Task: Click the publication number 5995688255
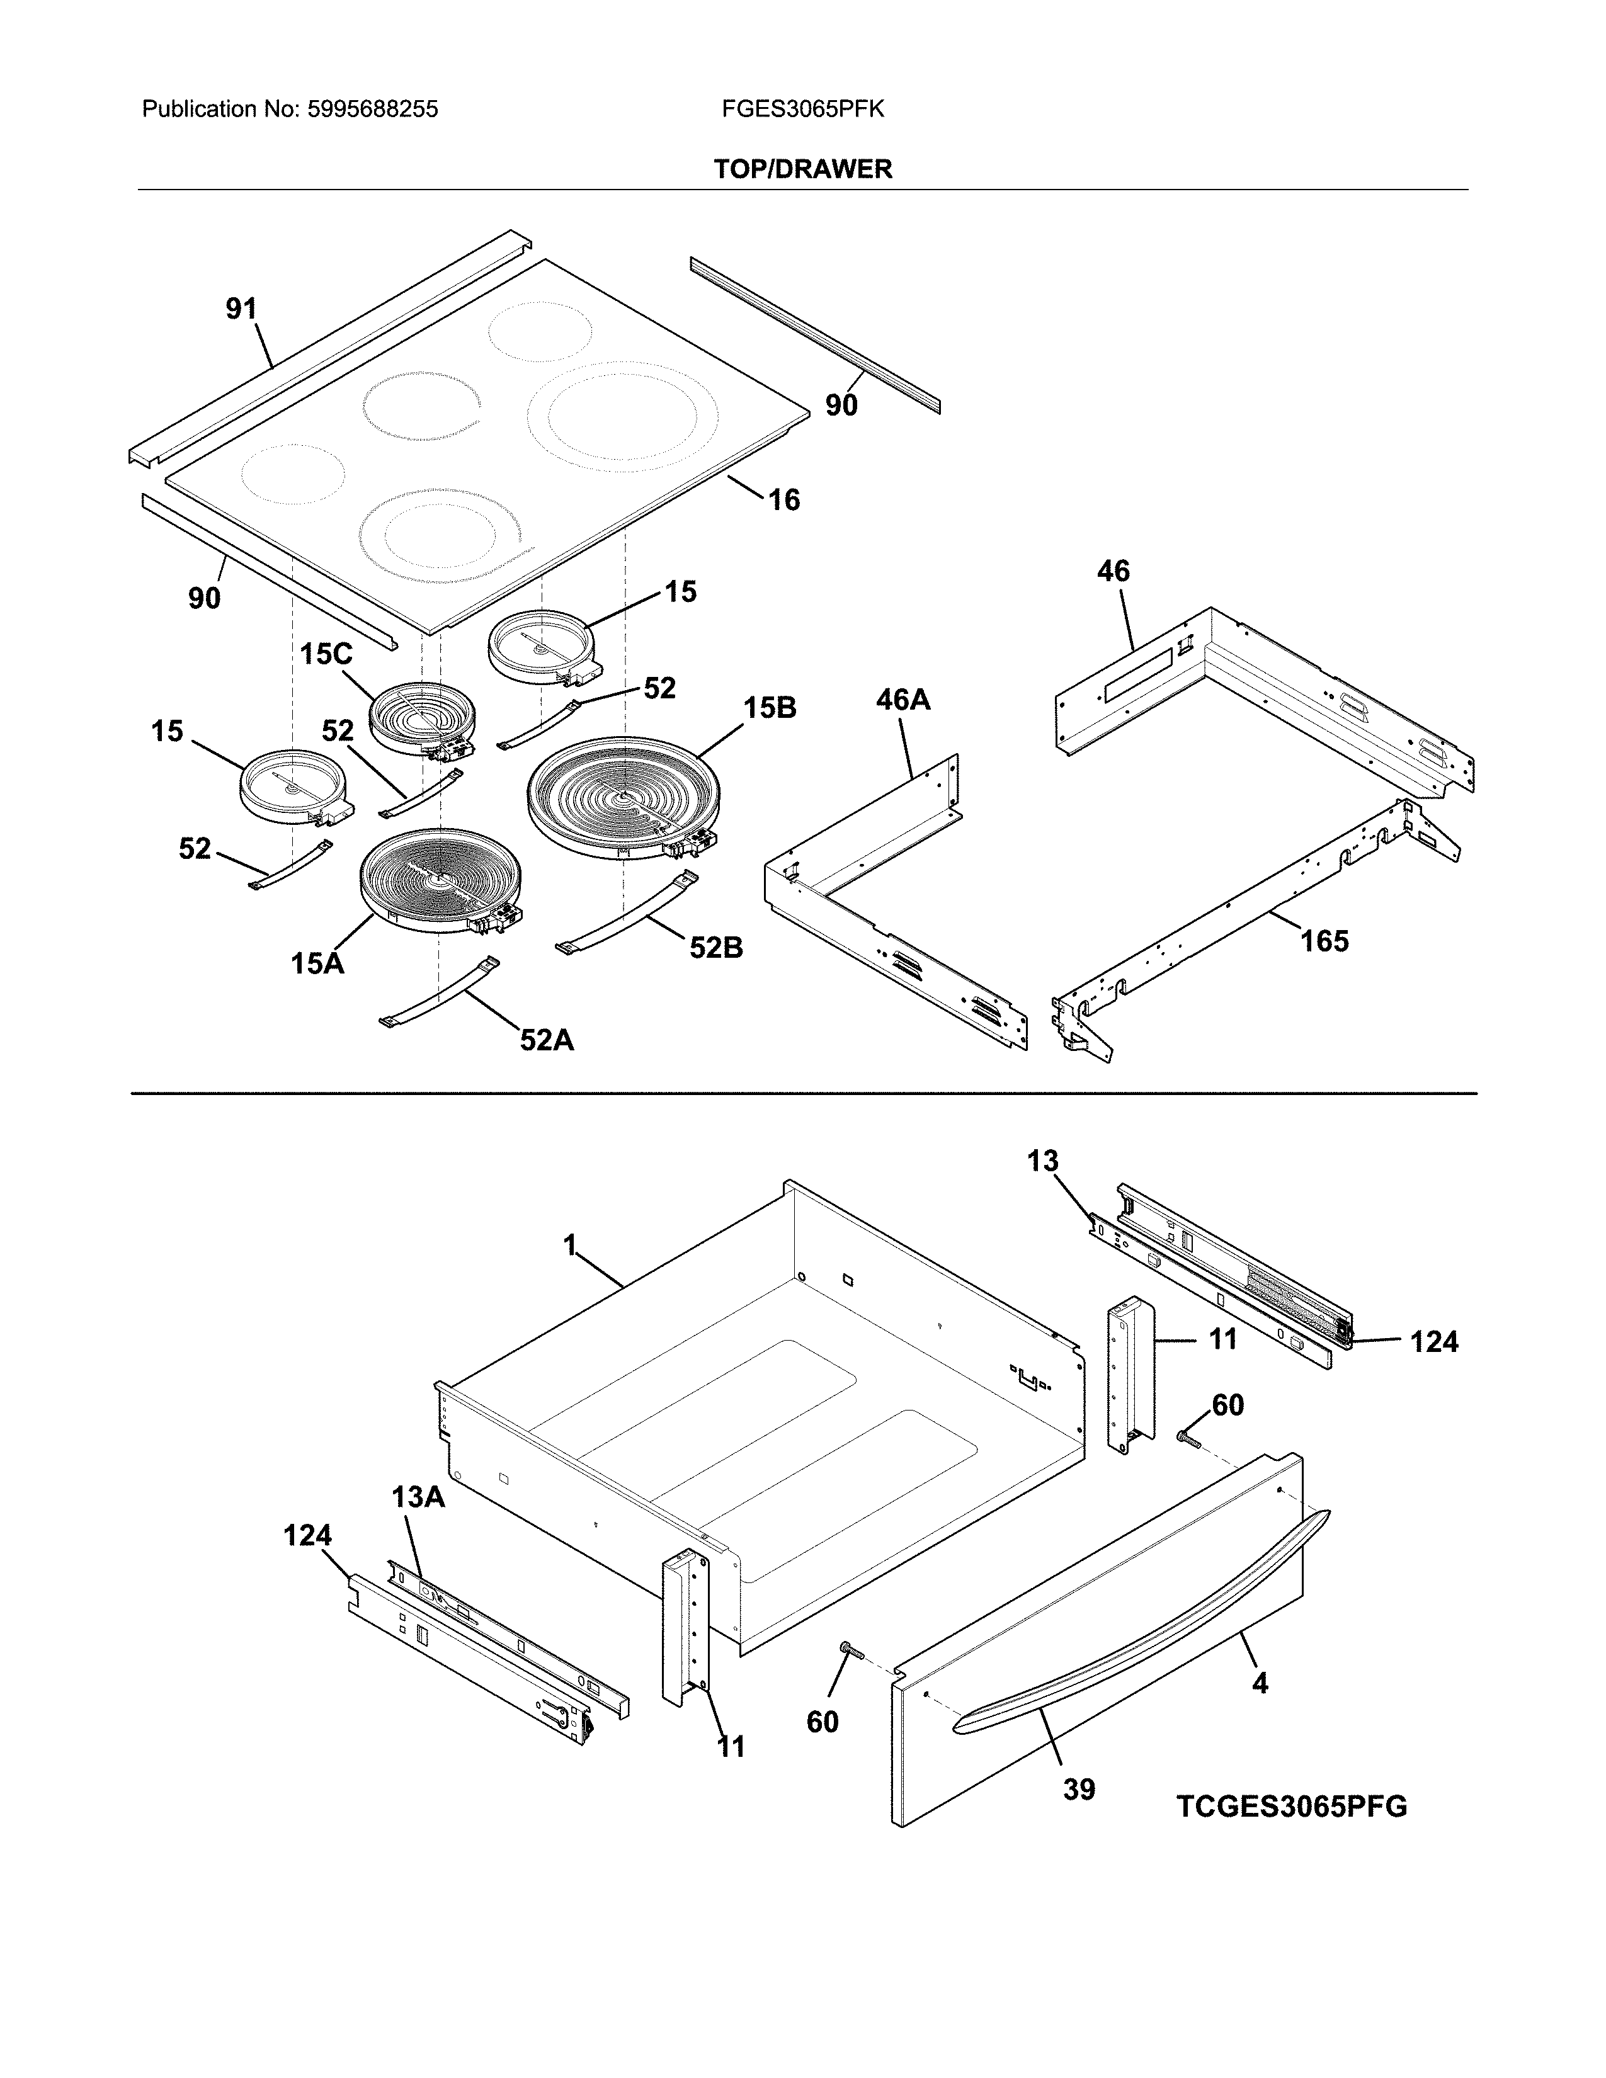click(x=372, y=110)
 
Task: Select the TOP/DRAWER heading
click(x=803, y=169)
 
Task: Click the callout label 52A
click(x=547, y=1040)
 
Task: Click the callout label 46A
click(x=903, y=700)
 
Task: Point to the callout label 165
click(x=1324, y=941)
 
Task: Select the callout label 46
click(x=1113, y=571)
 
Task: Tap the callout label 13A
click(x=418, y=1497)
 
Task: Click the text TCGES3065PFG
click(x=1291, y=1806)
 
